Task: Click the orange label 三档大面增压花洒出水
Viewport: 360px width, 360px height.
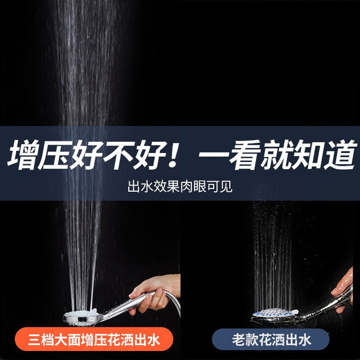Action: click(x=94, y=339)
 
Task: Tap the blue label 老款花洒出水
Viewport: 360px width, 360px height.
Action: click(x=271, y=339)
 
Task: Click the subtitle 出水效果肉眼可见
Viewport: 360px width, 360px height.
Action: click(x=180, y=186)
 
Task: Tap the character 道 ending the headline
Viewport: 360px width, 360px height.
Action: click(x=341, y=155)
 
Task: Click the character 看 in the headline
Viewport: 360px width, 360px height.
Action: click(x=245, y=155)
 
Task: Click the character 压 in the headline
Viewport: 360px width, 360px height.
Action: click(x=55, y=155)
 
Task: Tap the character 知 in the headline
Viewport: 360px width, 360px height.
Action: click(x=310, y=155)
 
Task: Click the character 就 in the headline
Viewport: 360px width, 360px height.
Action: click(x=277, y=155)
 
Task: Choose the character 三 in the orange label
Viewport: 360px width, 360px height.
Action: click(x=34, y=340)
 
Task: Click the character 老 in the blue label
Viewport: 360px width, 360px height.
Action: click(x=238, y=340)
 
